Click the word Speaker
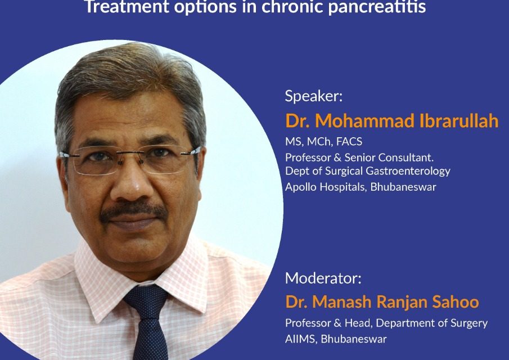click(x=312, y=97)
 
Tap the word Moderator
click(x=321, y=278)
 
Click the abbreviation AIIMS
click(x=300, y=339)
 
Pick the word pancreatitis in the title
click(x=377, y=7)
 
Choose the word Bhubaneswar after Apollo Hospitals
click(x=403, y=187)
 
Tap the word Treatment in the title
click(x=127, y=7)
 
